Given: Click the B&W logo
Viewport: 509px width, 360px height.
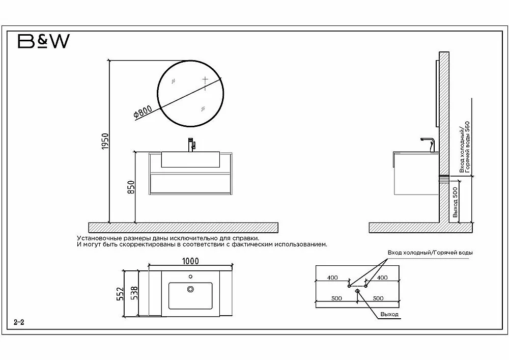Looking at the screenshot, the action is [43, 41].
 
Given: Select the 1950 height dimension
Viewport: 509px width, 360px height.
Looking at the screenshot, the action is [105, 141].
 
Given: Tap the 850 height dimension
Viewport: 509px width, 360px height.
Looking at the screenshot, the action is [131, 187].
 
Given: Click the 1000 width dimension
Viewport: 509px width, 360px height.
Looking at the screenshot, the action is [190, 261].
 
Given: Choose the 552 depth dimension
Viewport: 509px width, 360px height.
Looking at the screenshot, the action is [120, 293].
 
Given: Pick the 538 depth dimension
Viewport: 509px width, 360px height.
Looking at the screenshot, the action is [134, 293].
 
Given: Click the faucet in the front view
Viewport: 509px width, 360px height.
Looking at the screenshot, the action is [191, 145].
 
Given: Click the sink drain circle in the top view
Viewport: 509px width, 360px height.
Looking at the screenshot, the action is [190, 289].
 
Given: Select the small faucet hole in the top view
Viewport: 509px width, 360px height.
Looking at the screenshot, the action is [190, 277].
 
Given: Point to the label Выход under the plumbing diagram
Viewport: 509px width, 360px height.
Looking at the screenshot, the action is [389, 314].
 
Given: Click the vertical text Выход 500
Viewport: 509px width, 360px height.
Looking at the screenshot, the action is [455, 202].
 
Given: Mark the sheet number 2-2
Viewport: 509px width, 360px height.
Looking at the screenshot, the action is [19, 322].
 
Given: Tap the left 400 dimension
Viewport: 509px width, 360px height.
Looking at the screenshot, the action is [332, 278].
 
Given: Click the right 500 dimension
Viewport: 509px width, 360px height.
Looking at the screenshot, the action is [378, 298].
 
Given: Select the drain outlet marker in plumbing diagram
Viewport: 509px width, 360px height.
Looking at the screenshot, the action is [357, 291].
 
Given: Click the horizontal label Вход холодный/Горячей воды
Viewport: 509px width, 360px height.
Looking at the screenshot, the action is [430, 253].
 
